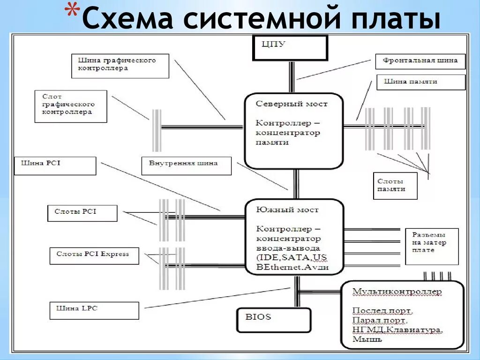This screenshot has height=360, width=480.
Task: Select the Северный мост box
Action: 294,131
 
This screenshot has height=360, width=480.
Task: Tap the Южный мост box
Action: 294,237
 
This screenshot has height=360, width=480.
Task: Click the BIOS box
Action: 273,320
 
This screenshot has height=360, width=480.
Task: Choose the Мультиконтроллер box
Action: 403,315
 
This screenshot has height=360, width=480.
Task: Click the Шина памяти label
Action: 420,82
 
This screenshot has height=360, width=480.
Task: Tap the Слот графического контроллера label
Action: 70,106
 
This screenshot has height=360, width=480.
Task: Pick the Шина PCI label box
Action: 55,165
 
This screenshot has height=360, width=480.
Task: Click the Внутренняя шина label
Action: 186,165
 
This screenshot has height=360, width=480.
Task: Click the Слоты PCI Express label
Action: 94,255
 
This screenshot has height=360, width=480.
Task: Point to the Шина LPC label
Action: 94,310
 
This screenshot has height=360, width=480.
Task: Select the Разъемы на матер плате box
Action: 431,247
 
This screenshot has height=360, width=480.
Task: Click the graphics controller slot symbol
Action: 157,131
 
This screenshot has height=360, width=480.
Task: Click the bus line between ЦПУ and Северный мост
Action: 292,77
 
